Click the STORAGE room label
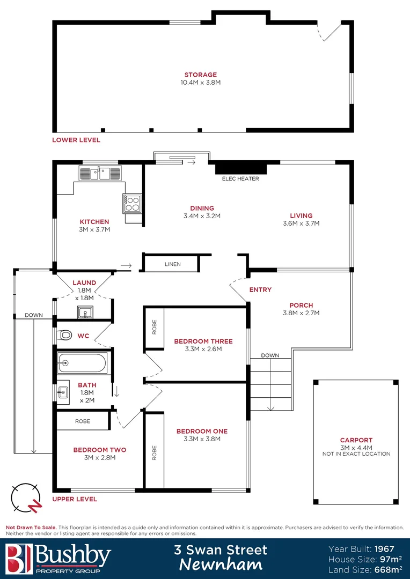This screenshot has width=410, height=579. click(201, 75)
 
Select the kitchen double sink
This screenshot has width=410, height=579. click(100, 173)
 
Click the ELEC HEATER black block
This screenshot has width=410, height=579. click(237, 168)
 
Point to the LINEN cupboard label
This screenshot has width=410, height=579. click(173, 264)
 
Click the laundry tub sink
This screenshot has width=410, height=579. click(84, 311)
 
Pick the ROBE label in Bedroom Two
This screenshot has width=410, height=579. click(82, 421)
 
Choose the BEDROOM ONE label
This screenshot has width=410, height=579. click(202, 431)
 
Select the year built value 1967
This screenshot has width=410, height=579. click(384, 549)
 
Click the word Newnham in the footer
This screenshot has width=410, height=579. click(221, 565)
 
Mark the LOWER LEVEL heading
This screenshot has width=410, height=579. click(76, 140)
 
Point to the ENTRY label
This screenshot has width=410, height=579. click(260, 289)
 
